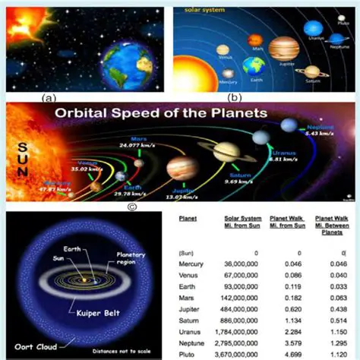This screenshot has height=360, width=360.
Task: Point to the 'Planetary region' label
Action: coord(131,260)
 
